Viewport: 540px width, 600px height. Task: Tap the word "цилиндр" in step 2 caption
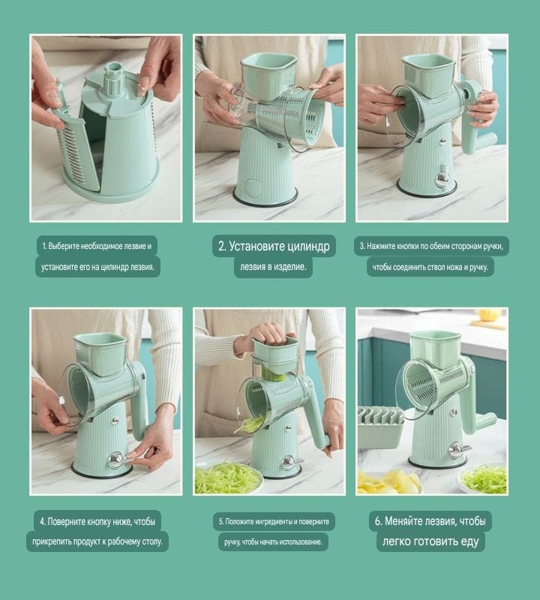pos(307,246)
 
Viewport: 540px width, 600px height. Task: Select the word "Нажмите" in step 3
pos(379,246)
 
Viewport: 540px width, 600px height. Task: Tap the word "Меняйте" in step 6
pos(401,520)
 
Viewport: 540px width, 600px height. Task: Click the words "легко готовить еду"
pos(430,541)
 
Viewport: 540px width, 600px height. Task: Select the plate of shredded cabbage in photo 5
pos(228,478)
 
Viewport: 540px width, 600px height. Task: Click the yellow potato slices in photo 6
pos(388,483)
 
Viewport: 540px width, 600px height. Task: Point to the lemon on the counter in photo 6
pos(489,315)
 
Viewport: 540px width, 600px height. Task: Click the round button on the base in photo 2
pos(253,187)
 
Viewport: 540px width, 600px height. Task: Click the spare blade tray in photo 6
pos(382,428)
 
